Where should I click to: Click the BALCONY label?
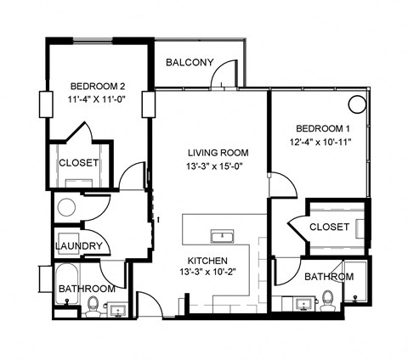[x=188, y=62]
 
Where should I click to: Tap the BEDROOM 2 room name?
[x=98, y=85]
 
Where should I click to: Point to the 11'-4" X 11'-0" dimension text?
[x=98, y=98]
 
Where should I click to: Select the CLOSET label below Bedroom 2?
[x=78, y=163]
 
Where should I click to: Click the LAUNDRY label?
[x=78, y=246]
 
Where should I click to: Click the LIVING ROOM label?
[x=218, y=153]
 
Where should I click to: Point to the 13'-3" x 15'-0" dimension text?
[x=218, y=166]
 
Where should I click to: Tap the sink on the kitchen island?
[x=225, y=234]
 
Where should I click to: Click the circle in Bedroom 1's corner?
[x=357, y=104]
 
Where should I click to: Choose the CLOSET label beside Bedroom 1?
[x=329, y=227]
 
